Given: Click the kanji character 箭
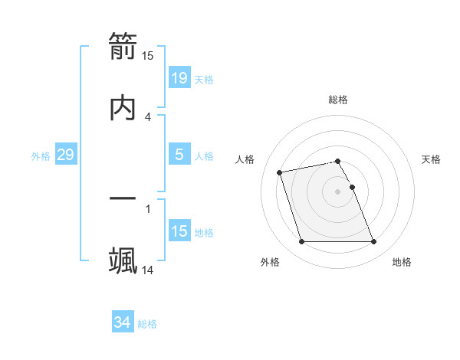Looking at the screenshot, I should pos(123,48).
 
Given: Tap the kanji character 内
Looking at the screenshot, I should pos(123,107).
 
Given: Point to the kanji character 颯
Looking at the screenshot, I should pos(123,260).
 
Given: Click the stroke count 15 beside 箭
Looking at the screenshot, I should pos(148,56).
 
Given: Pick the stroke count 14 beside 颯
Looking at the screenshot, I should pos(148,270).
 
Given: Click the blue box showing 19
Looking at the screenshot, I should pos(179,77).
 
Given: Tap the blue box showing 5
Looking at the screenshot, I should pos(179,155).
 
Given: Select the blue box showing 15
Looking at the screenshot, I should pos(179,231).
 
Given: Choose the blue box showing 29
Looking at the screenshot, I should pos(65,155).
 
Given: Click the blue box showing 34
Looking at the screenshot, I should pos(122,322).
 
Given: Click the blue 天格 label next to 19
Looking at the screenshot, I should pos(204,79).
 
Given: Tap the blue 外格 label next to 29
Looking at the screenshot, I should pos(41,156).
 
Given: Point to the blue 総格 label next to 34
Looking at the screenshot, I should pos(147,324).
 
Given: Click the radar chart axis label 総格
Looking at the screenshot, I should pos(338,100).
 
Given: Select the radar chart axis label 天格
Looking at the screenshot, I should pos(432,159).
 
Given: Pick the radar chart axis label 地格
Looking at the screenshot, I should pos(402,262).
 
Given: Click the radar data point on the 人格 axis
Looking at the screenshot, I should pos(280,172).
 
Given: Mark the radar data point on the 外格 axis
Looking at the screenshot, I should pos(302,242).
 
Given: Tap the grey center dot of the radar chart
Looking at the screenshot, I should pos(338,191).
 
